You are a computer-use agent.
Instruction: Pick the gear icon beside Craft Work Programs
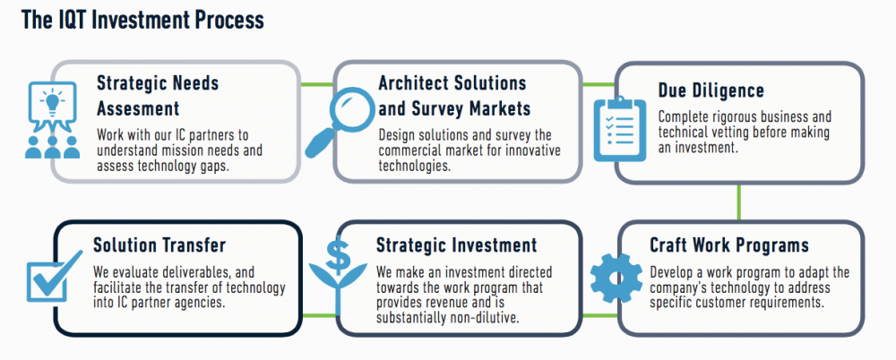617,277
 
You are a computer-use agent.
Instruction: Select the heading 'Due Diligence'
711,91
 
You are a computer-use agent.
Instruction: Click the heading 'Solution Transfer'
159,245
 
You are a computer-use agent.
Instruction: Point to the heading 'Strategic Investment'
456,245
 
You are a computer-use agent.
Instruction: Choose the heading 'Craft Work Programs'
729,245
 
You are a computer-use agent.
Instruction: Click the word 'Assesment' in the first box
138,109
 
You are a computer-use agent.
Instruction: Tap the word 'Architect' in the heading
412,84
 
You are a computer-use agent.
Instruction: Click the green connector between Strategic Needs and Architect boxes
315,84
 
